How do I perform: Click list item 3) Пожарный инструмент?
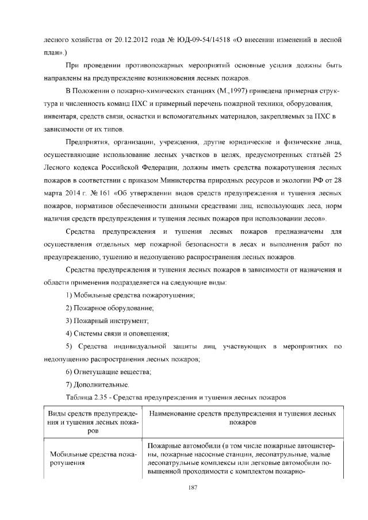pyautogui.click(x=108, y=321)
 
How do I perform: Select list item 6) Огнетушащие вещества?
pyautogui.click(x=108, y=372)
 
